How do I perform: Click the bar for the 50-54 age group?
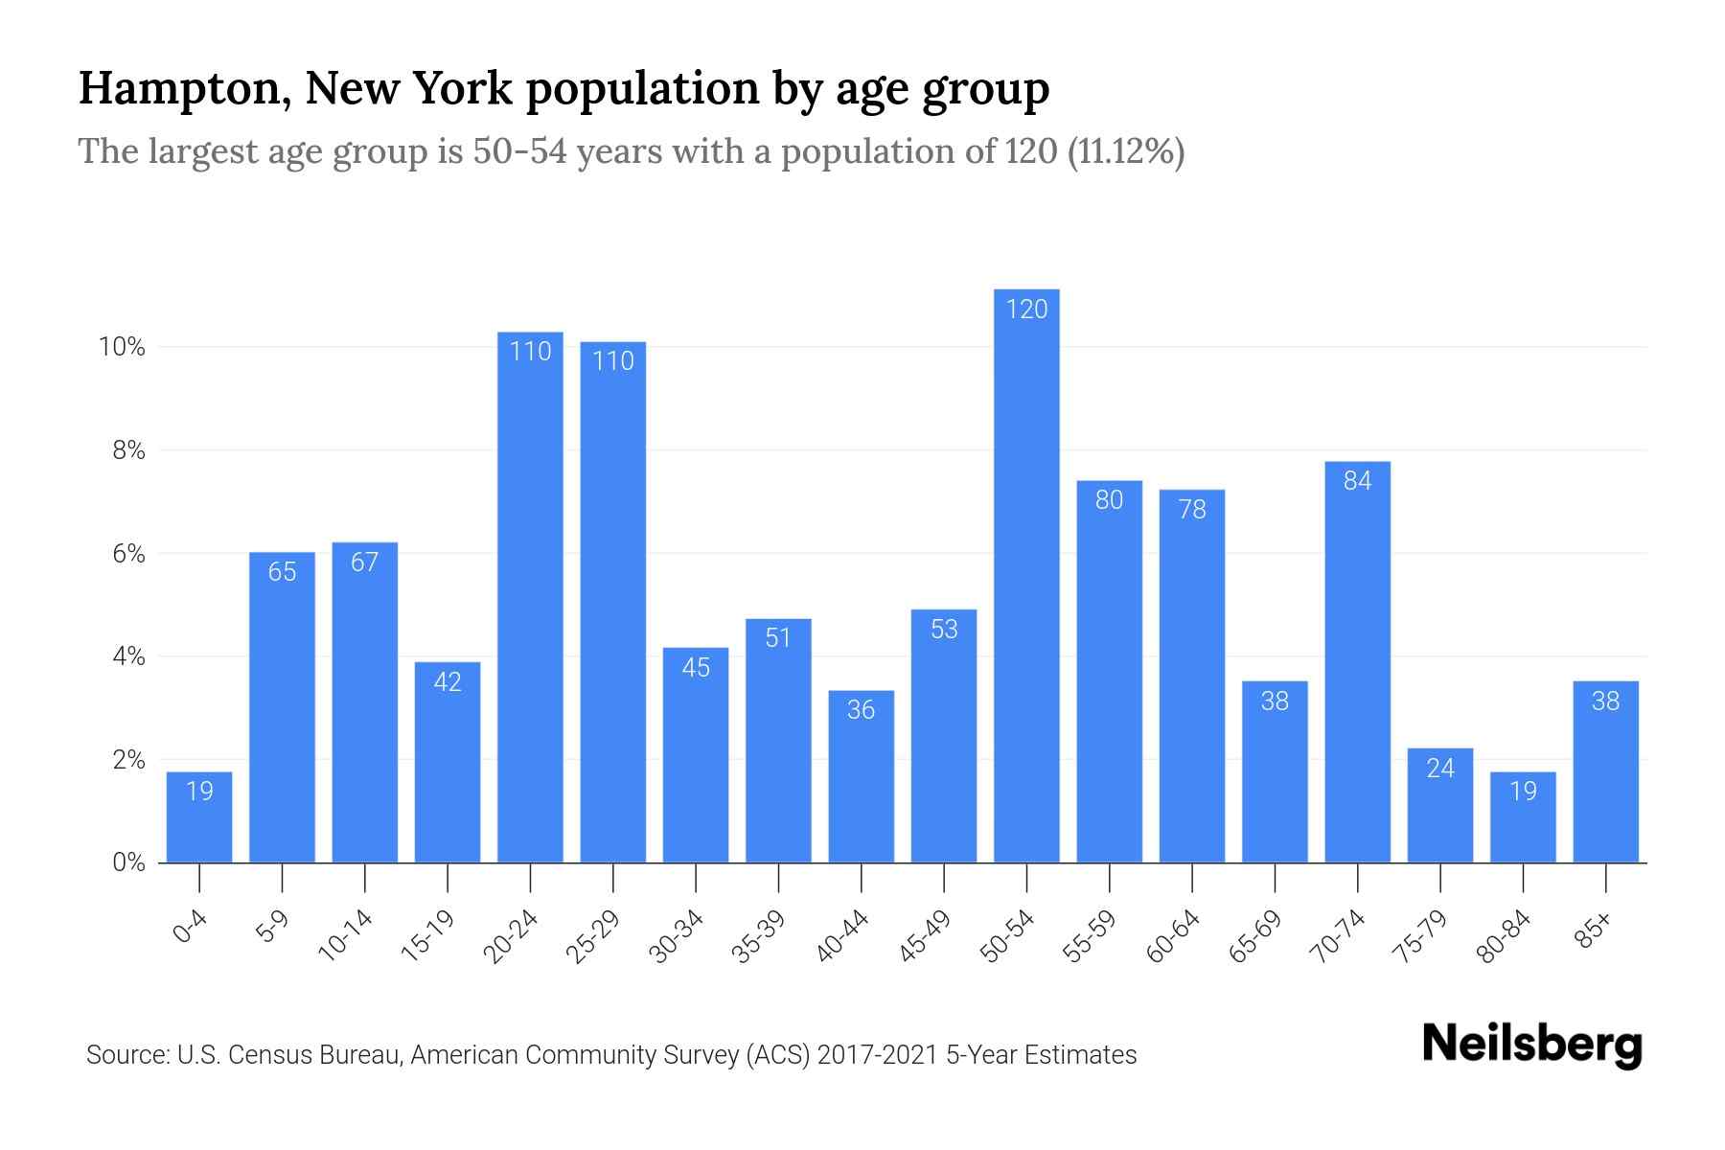pyautogui.click(x=1026, y=575)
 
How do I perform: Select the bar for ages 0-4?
pyautogui.click(x=199, y=816)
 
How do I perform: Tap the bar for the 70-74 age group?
pyautogui.click(x=1357, y=661)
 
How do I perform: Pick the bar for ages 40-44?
pyautogui.click(x=861, y=776)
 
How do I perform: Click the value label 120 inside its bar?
pyautogui.click(x=1026, y=309)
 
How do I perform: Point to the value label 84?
pyautogui.click(x=1357, y=481)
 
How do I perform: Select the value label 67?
pyautogui.click(x=364, y=562)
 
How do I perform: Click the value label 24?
pyautogui.click(x=1440, y=768)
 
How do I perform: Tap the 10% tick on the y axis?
pyautogui.click(x=122, y=347)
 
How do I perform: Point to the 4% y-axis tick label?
pyautogui.click(x=128, y=656)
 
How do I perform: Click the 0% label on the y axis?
pyautogui.click(x=128, y=862)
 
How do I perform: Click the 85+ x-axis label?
pyautogui.click(x=1593, y=931)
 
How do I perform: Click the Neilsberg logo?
pyautogui.click(x=1531, y=1045)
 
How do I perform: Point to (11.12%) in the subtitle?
pyautogui.click(x=1125, y=151)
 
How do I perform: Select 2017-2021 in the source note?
pyautogui.click(x=878, y=1055)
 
